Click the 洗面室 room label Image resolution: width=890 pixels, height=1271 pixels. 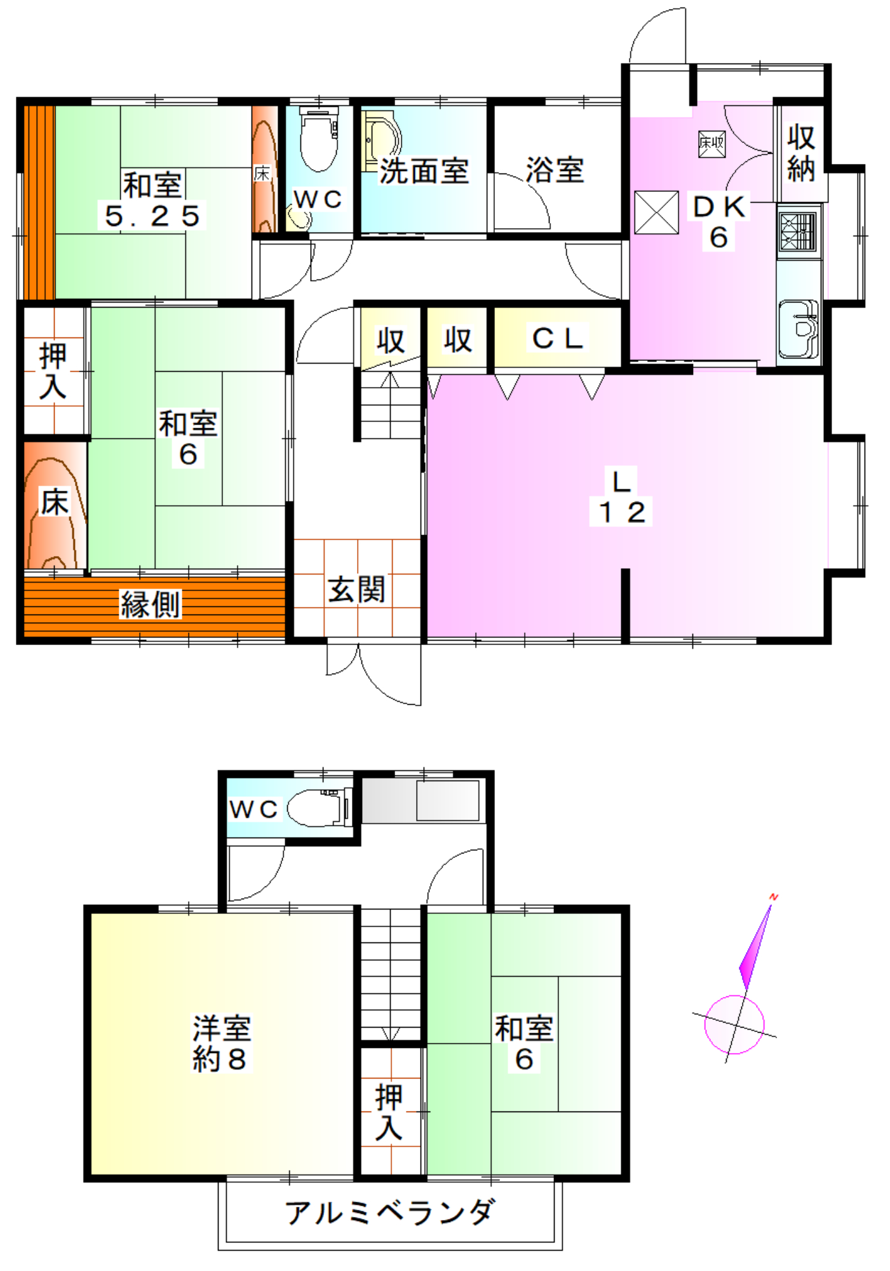pos(424,171)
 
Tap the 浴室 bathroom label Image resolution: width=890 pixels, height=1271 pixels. pos(555,170)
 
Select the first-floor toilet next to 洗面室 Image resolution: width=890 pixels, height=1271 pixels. pos(318,138)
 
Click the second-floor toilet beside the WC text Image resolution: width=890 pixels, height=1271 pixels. pos(320,808)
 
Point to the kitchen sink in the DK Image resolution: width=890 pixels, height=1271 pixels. pos(799,329)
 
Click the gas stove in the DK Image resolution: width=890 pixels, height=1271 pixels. pos(798,231)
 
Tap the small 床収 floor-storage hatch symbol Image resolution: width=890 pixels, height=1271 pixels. pos(711,144)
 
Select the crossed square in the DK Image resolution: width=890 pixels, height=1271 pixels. pos(656,212)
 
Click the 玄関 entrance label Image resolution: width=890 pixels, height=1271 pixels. pos(356,589)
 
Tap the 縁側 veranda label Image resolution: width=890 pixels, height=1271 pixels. pos(151,604)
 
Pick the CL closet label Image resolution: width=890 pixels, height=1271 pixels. pos(557,338)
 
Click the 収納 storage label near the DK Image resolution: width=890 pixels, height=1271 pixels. pos(800,153)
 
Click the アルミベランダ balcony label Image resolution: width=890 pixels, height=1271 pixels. pos(389,1213)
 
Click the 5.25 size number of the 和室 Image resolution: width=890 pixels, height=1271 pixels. pos(152,216)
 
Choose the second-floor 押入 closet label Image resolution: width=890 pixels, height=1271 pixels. pos(389,1112)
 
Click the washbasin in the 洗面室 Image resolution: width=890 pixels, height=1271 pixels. pos(382,140)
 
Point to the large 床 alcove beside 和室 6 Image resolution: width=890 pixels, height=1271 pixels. pos(55,505)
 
